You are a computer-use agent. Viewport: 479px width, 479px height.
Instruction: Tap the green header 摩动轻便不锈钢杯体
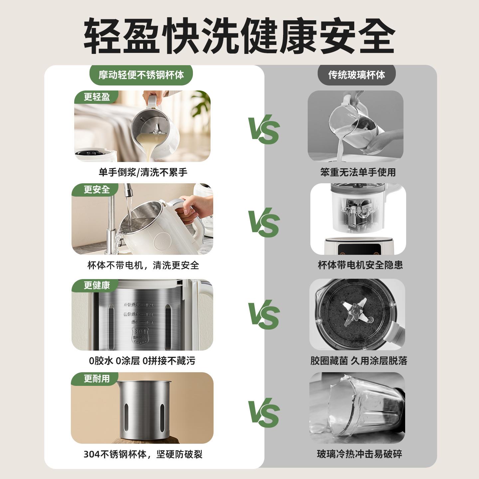pyautogui.click(x=141, y=75)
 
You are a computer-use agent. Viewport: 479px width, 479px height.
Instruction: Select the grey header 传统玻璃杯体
pyautogui.click(x=357, y=75)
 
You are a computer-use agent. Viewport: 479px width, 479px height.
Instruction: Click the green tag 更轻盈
pyautogui.click(x=96, y=97)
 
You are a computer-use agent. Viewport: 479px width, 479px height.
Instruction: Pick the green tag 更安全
pyautogui.click(x=96, y=190)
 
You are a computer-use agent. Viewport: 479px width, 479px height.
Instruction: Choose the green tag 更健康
pyautogui.click(x=96, y=285)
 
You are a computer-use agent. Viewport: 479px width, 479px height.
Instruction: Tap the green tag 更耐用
pyautogui.click(x=96, y=379)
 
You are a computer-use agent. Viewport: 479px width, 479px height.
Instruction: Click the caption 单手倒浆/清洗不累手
pyautogui.click(x=143, y=172)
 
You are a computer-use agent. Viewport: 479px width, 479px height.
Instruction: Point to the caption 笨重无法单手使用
pyautogui.click(x=358, y=172)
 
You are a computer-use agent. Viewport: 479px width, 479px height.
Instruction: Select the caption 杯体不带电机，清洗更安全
pyautogui.click(x=143, y=265)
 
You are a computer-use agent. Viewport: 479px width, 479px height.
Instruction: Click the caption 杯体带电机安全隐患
pyautogui.click(x=360, y=265)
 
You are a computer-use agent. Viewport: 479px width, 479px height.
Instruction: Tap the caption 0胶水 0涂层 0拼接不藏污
pyautogui.click(x=142, y=361)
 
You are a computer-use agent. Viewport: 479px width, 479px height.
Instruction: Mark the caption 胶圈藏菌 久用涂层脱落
pyautogui.click(x=359, y=361)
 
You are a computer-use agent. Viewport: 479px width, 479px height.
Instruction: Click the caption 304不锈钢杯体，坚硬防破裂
pyautogui.click(x=143, y=454)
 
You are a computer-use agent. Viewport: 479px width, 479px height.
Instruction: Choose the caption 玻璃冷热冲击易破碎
pyautogui.click(x=359, y=454)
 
